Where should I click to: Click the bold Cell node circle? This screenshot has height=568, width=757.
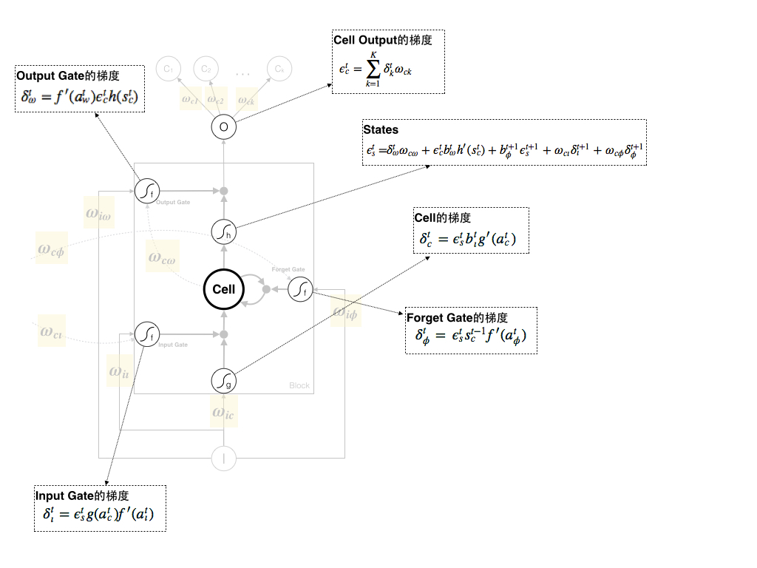click(x=224, y=289)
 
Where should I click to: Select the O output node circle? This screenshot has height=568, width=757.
click(x=224, y=127)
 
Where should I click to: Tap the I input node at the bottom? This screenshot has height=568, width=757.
click(x=224, y=459)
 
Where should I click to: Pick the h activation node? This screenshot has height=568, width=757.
click(x=224, y=232)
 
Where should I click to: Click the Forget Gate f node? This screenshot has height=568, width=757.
click(x=299, y=291)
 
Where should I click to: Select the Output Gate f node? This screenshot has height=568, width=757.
click(x=146, y=191)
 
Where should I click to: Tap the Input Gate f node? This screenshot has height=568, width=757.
click(x=146, y=334)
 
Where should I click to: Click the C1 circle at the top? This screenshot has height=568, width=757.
click(x=168, y=69)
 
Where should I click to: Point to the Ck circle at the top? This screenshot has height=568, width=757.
click(x=279, y=69)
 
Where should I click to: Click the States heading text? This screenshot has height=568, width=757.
click(x=381, y=130)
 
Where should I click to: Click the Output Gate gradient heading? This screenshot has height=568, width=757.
click(x=68, y=75)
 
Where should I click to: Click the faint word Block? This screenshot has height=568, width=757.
click(x=299, y=386)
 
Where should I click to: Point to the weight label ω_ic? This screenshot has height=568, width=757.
click(x=223, y=413)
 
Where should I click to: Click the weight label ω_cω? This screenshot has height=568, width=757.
click(x=162, y=257)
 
